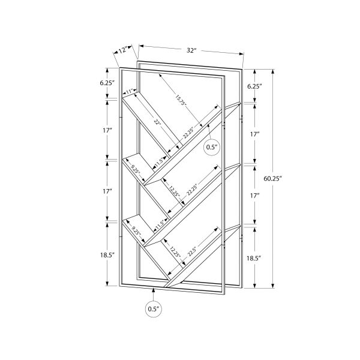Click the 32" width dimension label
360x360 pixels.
point(191,50)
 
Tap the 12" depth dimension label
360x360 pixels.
point(123,51)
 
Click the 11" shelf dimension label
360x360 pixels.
point(130,92)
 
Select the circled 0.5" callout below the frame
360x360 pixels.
point(154,309)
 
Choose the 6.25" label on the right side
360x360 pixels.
point(255,86)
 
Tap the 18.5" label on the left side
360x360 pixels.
point(109,254)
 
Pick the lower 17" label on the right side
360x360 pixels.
point(254,196)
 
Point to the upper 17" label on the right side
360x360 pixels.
point(254,134)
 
